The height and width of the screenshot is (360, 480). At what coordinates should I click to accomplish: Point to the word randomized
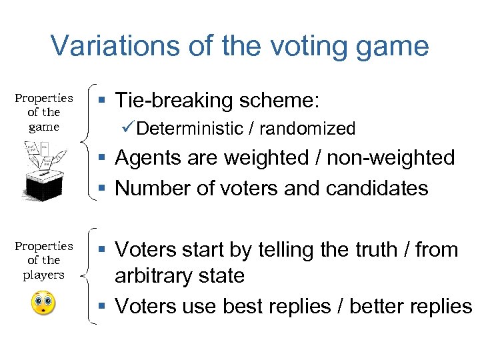[307, 129]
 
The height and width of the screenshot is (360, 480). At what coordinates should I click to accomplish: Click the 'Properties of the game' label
[44, 113]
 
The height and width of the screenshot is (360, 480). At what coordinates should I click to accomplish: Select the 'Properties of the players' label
[44, 261]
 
